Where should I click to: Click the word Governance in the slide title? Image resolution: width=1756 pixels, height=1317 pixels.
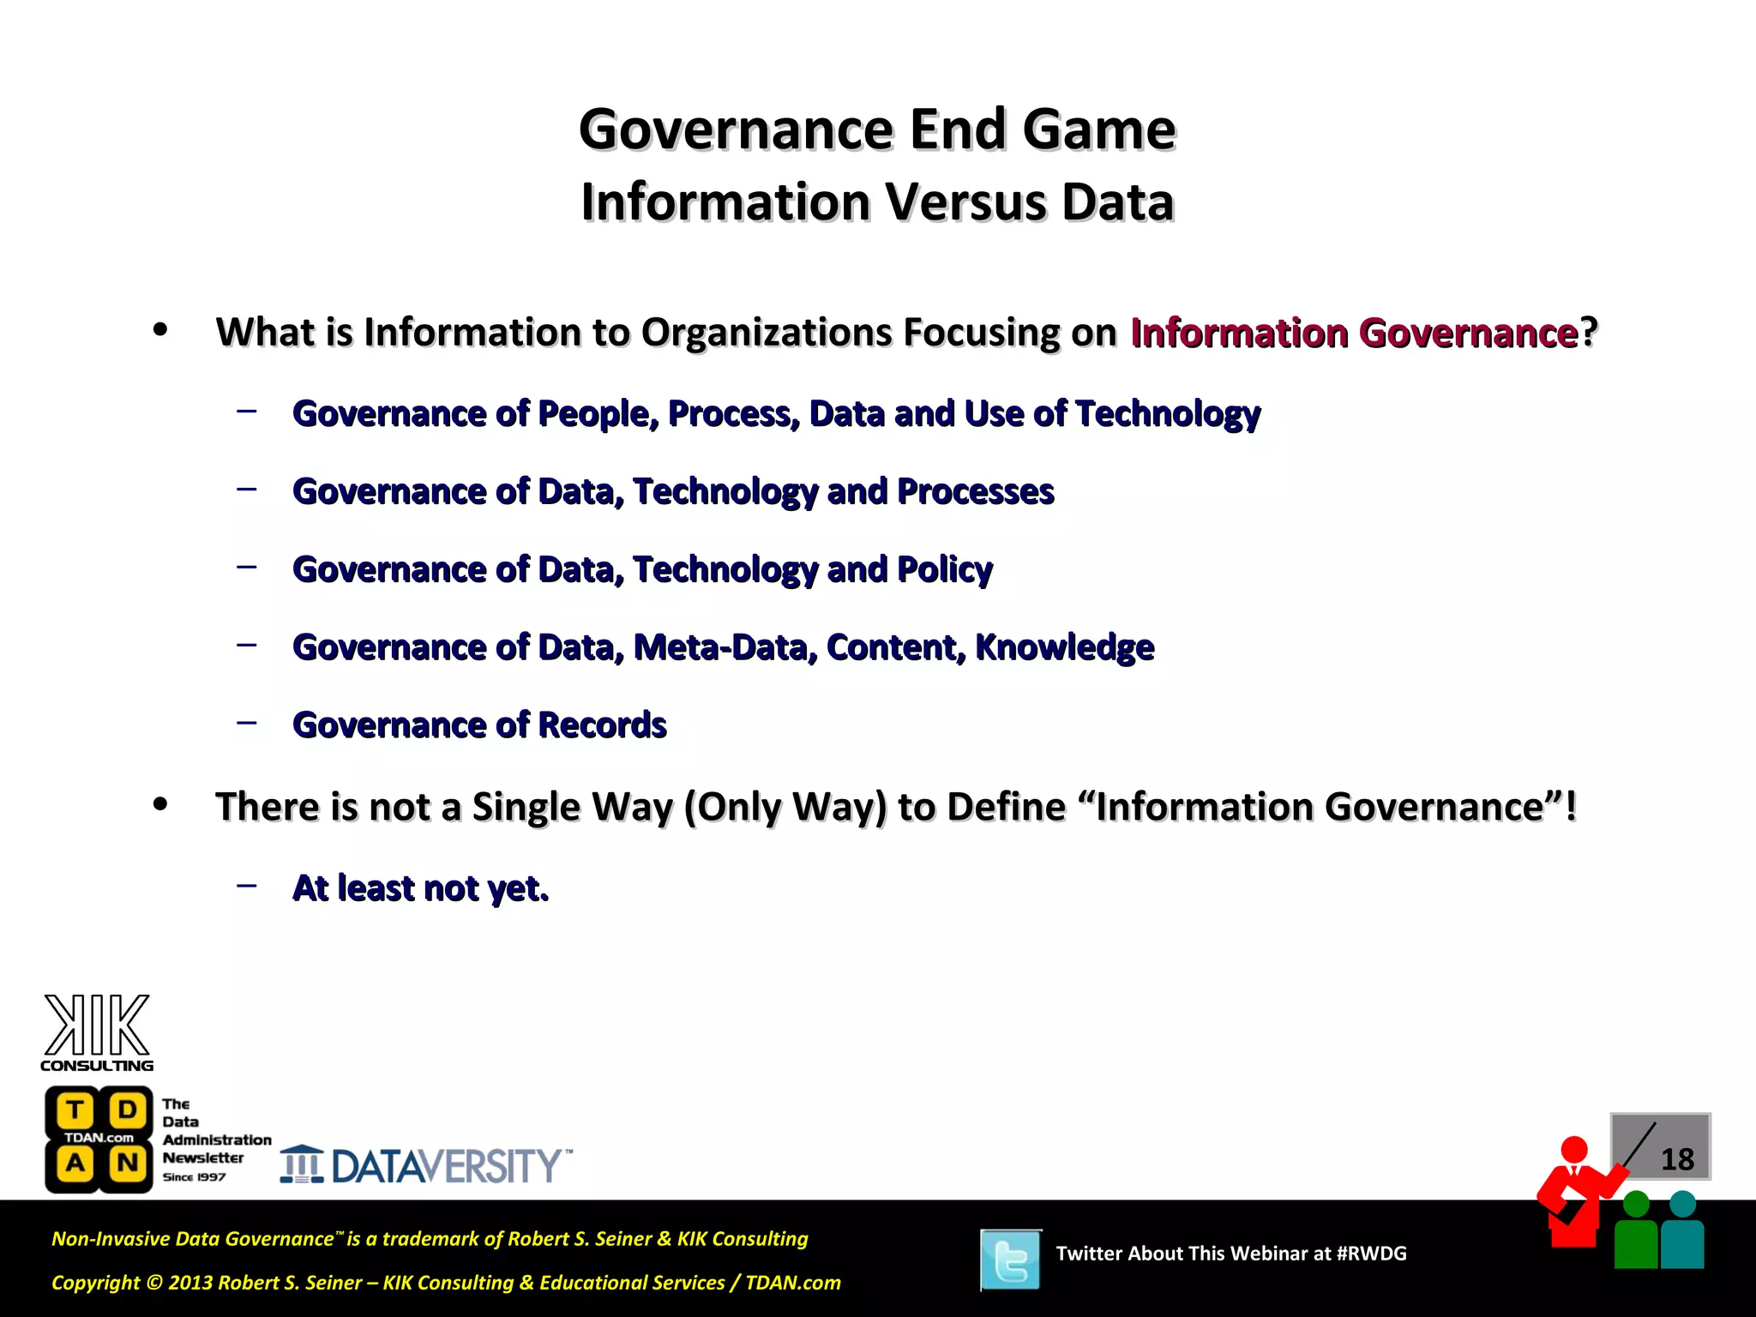[737, 130]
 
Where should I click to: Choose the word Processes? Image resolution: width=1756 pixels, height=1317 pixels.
[975, 492]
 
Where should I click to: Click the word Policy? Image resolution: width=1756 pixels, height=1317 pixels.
[944, 570]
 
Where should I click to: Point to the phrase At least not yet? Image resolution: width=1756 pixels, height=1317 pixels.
[420, 888]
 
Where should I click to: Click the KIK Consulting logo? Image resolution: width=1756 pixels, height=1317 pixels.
[97, 1031]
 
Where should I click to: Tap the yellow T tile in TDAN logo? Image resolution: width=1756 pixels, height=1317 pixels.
[75, 1110]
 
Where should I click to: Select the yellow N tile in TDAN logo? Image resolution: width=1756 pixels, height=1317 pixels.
[128, 1164]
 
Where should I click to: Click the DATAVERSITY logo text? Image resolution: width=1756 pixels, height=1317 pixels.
[446, 1166]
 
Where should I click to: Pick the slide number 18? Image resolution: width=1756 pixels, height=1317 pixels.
[1677, 1160]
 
